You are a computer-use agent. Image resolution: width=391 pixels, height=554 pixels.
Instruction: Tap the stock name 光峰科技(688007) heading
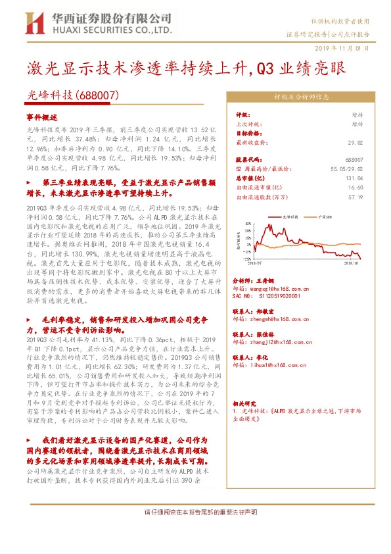pos(72,95)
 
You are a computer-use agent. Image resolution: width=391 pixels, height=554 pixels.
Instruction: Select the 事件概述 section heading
pos(41,116)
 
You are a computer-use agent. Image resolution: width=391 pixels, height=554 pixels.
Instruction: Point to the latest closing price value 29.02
pos(355,142)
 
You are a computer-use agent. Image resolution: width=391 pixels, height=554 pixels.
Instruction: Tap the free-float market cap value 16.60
pos(356,187)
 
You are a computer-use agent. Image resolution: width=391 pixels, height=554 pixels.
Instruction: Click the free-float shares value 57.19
pos(356,196)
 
